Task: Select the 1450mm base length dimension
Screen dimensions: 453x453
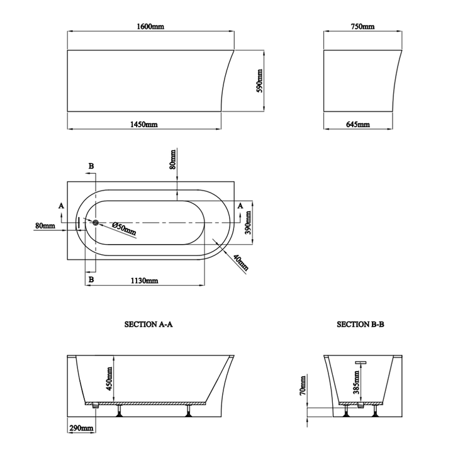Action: tap(144, 125)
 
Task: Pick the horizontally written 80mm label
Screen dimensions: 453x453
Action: tap(45, 225)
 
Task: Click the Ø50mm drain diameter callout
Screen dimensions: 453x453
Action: tap(123, 228)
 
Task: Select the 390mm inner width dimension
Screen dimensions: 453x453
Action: tap(249, 222)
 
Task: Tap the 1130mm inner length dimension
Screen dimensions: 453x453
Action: tap(144, 281)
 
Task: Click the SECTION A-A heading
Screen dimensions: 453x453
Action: tap(148, 325)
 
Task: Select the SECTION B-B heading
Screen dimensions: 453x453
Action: tap(361, 325)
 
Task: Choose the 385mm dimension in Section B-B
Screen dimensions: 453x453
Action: tap(356, 381)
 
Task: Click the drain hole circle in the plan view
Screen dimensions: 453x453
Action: tap(96, 222)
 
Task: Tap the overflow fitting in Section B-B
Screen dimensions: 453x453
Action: tap(362, 362)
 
